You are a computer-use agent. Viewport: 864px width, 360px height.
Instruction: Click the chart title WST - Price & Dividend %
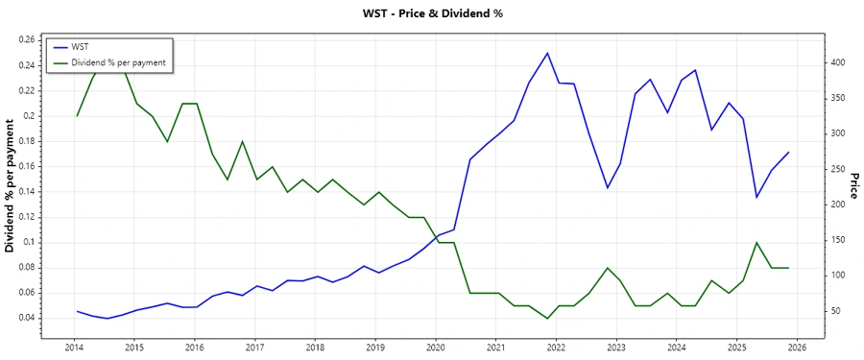click(431, 13)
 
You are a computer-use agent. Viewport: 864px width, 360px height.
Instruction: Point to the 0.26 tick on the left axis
click(26, 40)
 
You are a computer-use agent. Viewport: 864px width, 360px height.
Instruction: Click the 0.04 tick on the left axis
click(26, 318)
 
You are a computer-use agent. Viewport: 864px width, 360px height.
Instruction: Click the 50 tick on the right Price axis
click(836, 311)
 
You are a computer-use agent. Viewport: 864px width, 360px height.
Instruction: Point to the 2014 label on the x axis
click(74, 348)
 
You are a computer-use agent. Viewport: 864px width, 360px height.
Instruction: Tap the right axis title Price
click(852, 185)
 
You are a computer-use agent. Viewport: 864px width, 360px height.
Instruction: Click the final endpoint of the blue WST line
click(788, 152)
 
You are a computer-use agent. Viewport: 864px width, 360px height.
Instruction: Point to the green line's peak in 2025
click(756, 242)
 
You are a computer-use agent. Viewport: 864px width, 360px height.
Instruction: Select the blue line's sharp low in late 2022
click(607, 188)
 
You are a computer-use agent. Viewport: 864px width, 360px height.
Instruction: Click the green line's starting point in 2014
click(77, 116)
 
